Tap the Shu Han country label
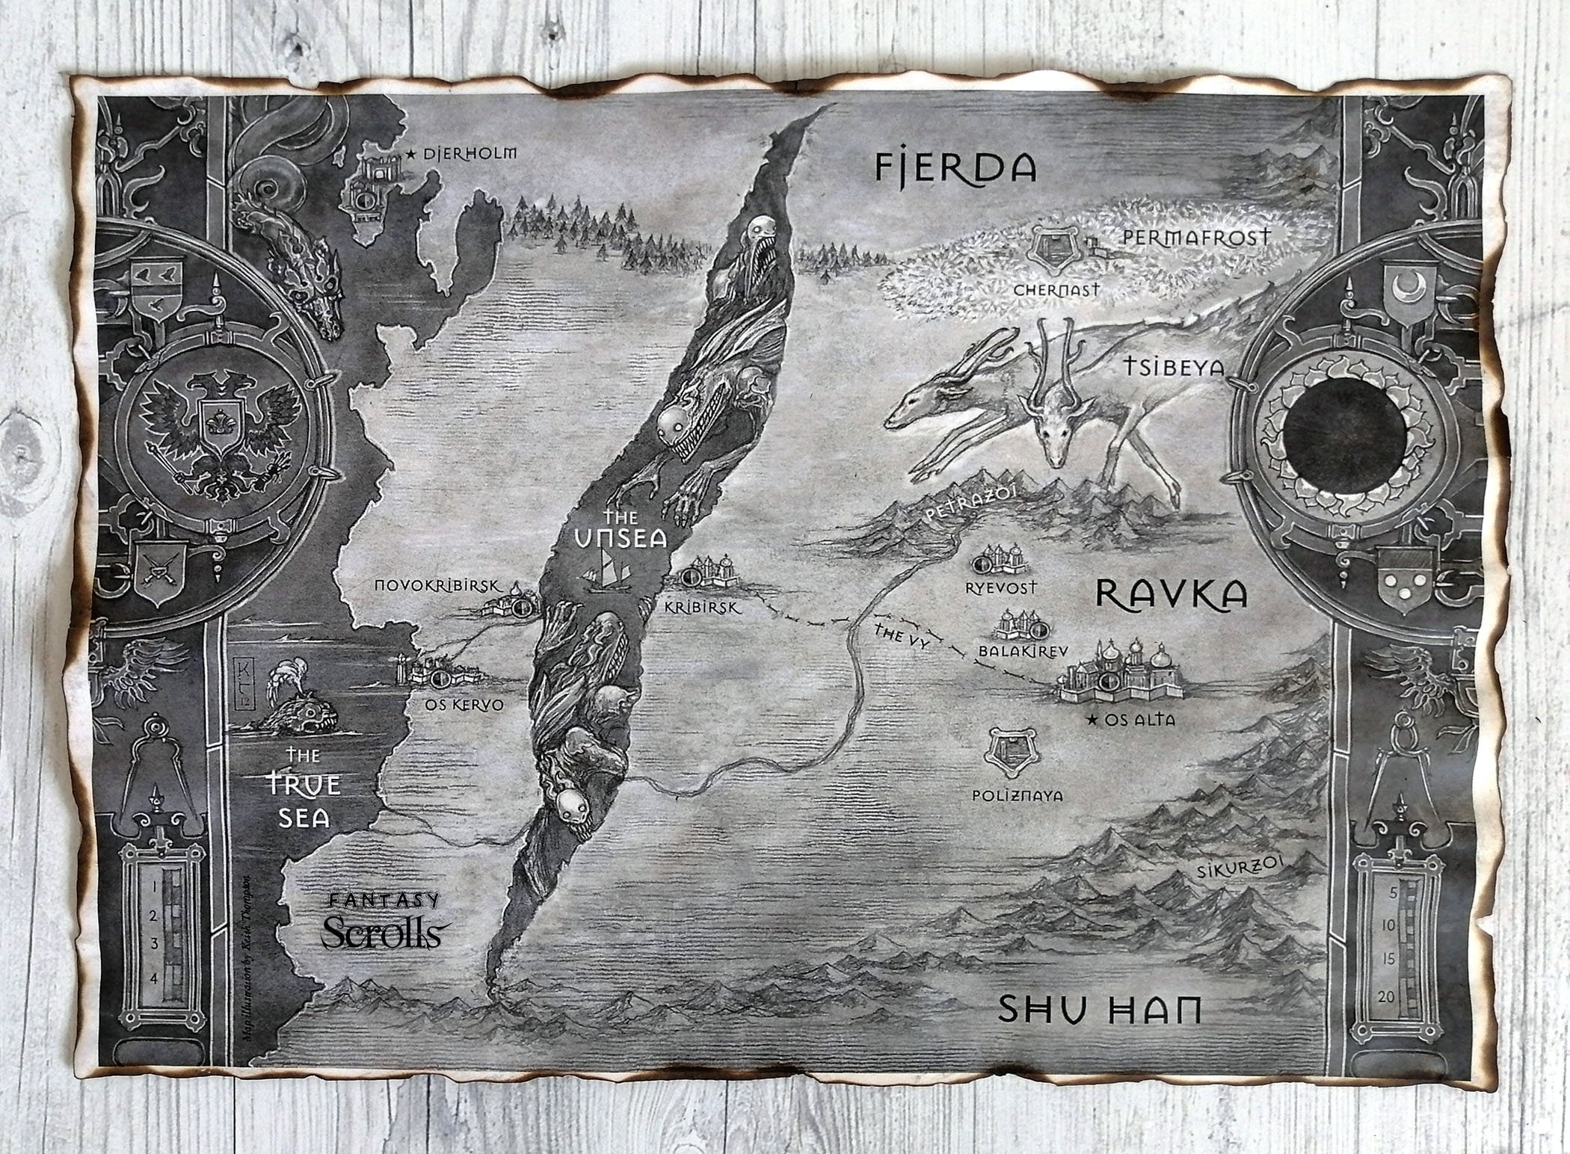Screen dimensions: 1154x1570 [x=1100, y=1011]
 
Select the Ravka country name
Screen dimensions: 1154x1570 [x=1171, y=594]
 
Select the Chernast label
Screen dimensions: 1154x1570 [x=1056, y=290]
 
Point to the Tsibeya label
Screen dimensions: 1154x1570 [x=1174, y=367]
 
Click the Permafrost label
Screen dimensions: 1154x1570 [x=1196, y=238]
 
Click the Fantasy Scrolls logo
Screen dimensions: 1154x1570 [x=381, y=922]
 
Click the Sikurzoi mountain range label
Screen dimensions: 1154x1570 [x=1237, y=869]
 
